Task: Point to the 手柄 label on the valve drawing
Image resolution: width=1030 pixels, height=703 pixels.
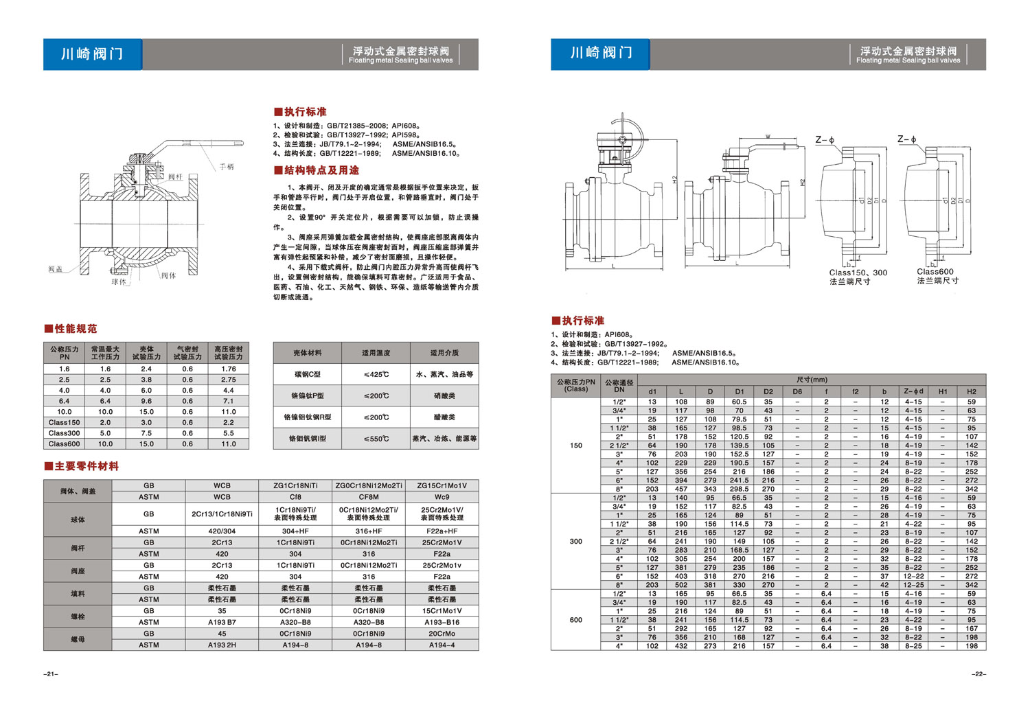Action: pos(227,167)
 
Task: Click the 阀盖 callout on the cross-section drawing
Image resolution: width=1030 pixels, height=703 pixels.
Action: pos(56,269)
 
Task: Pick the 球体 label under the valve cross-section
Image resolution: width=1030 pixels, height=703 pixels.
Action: pos(119,281)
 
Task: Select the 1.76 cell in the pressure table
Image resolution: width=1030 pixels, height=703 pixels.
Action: pos(229,369)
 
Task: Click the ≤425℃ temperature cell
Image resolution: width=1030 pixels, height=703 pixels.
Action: pos(376,374)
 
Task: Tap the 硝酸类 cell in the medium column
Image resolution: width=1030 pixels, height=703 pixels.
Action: pos(444,395)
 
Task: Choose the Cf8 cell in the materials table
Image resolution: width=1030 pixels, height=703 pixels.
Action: pos(295,497)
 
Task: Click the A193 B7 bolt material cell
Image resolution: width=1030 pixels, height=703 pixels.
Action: pos(222,622)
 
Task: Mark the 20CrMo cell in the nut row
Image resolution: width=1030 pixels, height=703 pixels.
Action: pos(442,634)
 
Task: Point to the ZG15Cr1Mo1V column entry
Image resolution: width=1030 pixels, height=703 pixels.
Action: pos(442,485)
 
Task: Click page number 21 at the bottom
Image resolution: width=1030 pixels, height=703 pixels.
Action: pos(51,674)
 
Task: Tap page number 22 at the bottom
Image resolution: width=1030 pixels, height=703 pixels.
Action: pos(978,674)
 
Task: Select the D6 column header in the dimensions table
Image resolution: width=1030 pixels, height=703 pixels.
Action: pos(797,392)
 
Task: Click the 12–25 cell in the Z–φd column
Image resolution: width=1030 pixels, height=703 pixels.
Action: pos(913,585)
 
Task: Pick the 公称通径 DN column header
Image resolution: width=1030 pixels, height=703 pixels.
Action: pos(619,386)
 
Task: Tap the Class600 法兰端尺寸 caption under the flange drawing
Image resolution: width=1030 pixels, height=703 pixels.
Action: pos(937,276)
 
